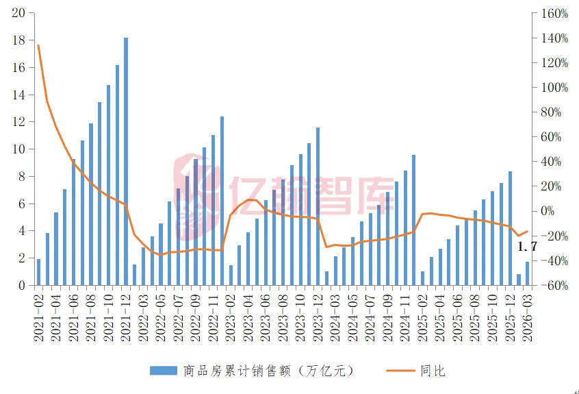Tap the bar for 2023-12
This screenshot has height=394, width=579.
[318, 206]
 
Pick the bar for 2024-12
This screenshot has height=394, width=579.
[413, 220]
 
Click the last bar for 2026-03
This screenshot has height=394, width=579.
[527, 273]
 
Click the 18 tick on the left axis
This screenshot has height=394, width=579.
[19, 40]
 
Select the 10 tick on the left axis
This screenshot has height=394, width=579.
[19, 149]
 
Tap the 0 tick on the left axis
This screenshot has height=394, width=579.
[22, 285]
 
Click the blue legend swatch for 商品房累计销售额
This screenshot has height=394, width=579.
[164, 371]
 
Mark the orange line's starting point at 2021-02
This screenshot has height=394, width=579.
[38, 45]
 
